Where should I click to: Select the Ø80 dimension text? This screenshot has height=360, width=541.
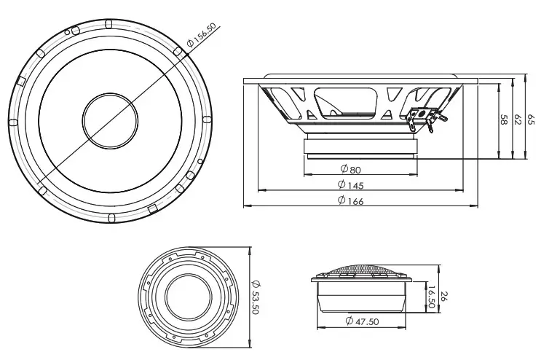pos(350,170)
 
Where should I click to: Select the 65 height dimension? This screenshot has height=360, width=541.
pos(532,118)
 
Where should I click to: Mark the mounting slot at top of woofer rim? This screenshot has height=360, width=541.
pos(109,23)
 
